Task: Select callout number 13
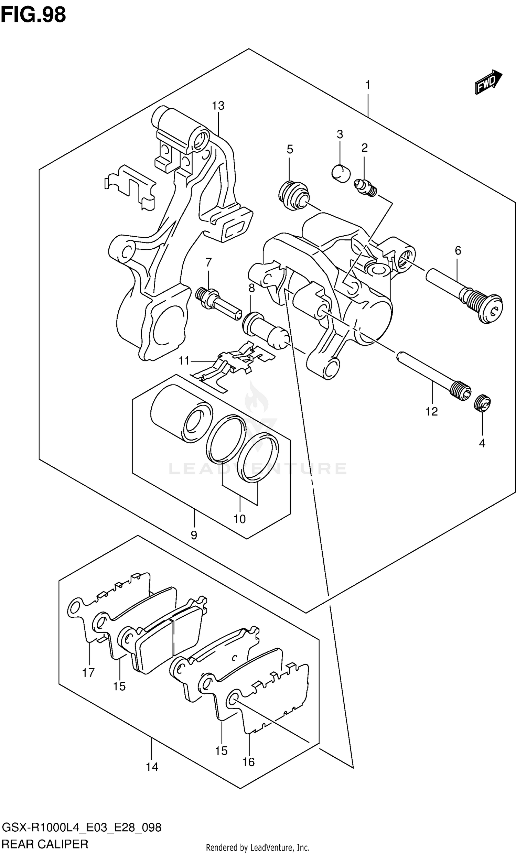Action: (218, 105)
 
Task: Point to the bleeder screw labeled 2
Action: (366, 187)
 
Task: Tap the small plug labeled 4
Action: (482, 403)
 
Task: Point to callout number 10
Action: (239, 519)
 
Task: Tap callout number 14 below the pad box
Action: (152, 767)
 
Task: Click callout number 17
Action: (88, 672)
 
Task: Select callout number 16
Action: (248, 762)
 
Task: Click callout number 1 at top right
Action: (368, 85)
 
